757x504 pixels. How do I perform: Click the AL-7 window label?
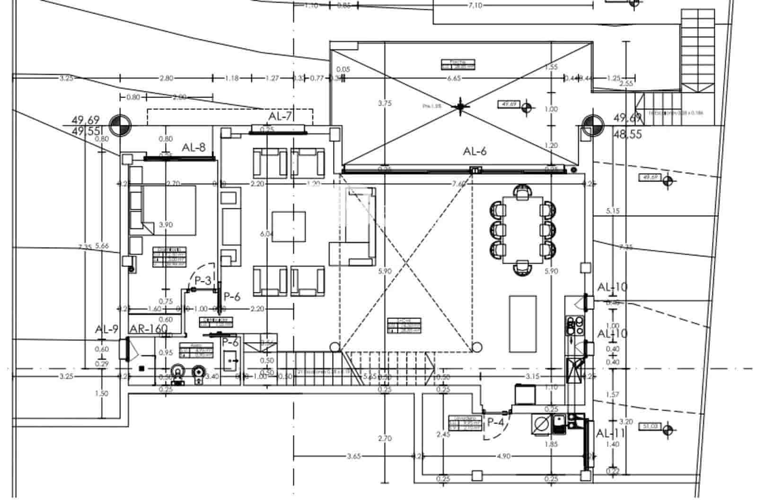click(280, 116)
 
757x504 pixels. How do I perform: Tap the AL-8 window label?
click(194, 148)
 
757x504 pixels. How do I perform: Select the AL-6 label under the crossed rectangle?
click(475, 151)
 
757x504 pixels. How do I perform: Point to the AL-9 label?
click(106, 329)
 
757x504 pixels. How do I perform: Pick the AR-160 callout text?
click(149, 329)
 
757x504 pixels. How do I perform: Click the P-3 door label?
click(202, 281)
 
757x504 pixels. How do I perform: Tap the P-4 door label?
click(495, 422)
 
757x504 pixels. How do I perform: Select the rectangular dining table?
click(522, 230)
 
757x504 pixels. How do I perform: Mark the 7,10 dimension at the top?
click(475, 6)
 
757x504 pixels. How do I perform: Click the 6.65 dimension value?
click(453, 79)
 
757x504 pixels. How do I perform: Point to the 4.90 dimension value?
click(503, 456)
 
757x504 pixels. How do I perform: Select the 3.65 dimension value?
click(354, 456)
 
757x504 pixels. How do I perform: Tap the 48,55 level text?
click(627, 134)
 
